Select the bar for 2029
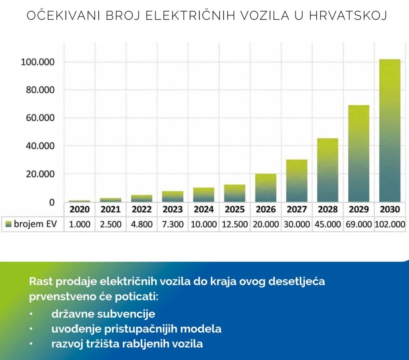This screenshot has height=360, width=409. (359, 153)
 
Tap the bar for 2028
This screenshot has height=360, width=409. (328, 170)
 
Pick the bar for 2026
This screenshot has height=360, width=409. (266, 187)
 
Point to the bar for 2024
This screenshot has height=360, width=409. (204, 194)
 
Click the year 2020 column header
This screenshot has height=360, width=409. (80, 209)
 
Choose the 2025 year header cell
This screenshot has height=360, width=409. (235, 209)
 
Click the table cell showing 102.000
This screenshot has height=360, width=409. (390, 224)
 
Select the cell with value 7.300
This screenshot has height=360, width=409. (173, 224)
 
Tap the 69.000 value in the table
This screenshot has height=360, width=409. (359, 224)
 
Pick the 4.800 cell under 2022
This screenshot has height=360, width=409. (142, 224)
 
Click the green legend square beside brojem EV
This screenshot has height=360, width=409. (8, 224)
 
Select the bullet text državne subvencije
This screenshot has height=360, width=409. (103, 314)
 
